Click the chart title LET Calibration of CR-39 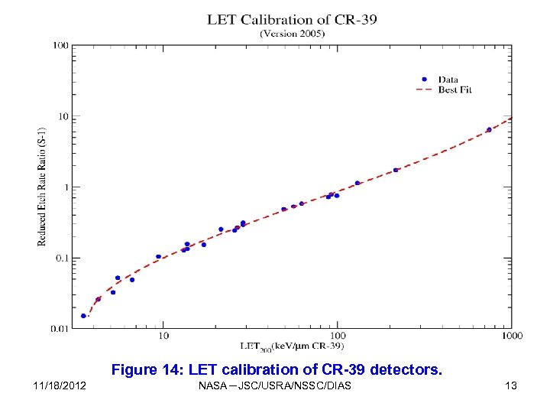tap(292, 19)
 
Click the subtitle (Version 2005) tap(292, 34)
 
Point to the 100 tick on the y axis tap(60, 46)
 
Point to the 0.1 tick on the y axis tap(60, 258)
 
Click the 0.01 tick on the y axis tap(59, 329)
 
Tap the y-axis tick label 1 tap(65, 187)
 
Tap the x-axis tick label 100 tap(337, 336)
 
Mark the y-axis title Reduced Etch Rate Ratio tap(42, 187)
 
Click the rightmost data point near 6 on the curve tap(489, 130)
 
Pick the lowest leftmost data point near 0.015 tap(83, 316)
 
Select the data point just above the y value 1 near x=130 tap(357, 184)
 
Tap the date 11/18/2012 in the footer tap(60, 385)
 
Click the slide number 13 tap(510, 385)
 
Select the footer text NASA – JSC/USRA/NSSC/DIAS tap(274, 385)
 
